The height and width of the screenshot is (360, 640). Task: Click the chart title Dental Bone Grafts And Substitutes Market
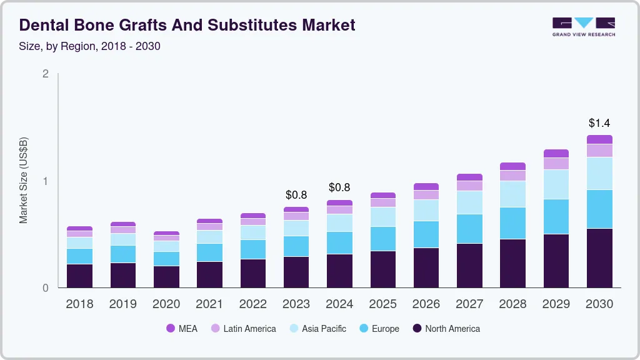click(x=187, y=25)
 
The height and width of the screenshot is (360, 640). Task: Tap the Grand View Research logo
click(x=583, y=27)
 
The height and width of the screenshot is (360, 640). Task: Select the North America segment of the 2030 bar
click(x=599, y=258)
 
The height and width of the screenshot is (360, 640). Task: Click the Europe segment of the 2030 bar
click(x=599, y=209)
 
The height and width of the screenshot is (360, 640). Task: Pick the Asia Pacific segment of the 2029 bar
click(x=556, y=184)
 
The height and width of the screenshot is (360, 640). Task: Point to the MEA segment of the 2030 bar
click(x=599, y=139)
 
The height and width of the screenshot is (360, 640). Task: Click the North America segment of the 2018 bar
click(x=79, y=276)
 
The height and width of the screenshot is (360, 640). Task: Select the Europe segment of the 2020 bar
click(x=166, y=259)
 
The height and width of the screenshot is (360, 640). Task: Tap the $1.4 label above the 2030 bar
click(x=599, y=123)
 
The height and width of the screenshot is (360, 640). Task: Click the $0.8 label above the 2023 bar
click(x=296, y=195)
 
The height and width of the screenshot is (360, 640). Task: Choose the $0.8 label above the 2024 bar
click(x=339, y=188)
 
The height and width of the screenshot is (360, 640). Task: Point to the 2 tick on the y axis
click(x=45, y=74)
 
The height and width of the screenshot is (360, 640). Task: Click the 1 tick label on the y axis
click(x=45, y=181)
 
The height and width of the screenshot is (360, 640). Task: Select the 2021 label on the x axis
click(x=209, y=304)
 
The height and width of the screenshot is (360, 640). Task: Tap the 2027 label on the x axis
click(x=469, y=304)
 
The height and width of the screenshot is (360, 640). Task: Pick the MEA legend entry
click(x=182, y=329)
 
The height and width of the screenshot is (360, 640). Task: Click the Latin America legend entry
click(x=243, y=329)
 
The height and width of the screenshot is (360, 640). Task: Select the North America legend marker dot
click(x=417, y=329)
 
